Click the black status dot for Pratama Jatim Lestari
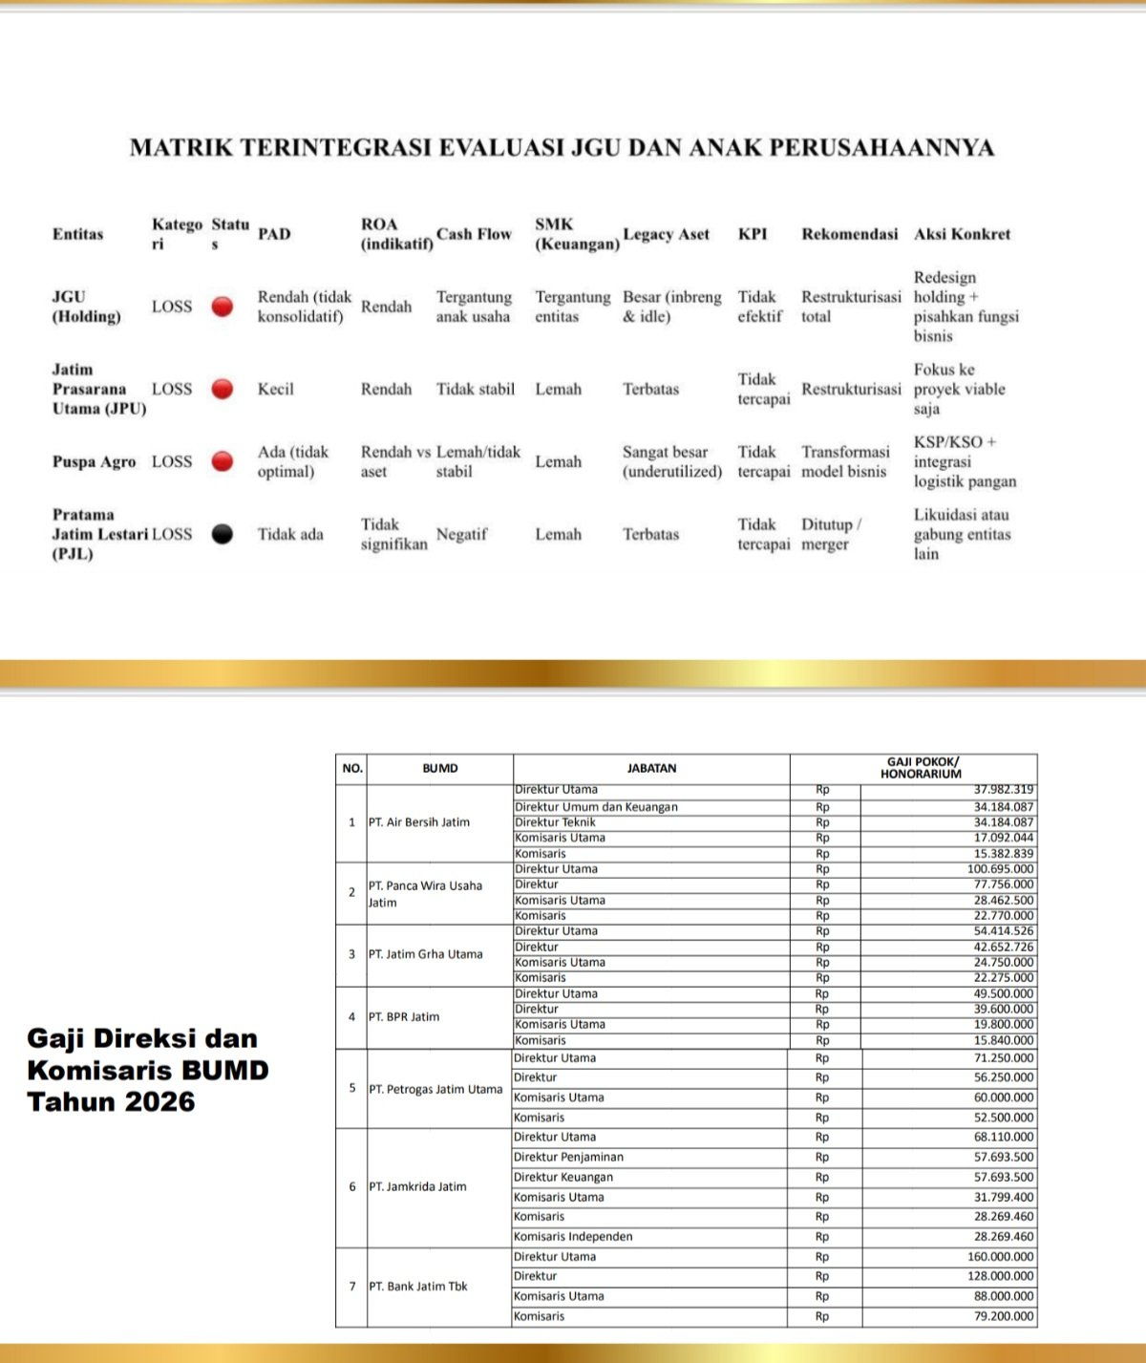pyautogui.click(x=222, y=534)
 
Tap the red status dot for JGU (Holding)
pyautogui.click(x=222, y=307)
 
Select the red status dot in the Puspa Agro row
pyautogui.click(x=222, y=461)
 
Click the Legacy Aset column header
pyautogui.click(x=666, y=234)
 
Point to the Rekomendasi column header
pyautogui.click(x=849, y=234)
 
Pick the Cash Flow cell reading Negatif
pyautogui.click(x=461, y=534)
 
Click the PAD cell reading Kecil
pyautogui.click(x=275, y=389)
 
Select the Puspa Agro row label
pyautogui.click(x=94, y=461)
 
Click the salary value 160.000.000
pyautogui.click(x=1000, y=1257)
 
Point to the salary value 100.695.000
pyautogui.click(x=1000, y=869)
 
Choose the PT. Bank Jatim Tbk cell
pyautogui.click(x=418, y=1287)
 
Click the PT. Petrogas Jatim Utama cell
pyautogui.click(x=435, y=1089)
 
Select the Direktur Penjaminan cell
pyautogui.click(x=568, y=1157)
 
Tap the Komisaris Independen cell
pyautogui.click(x=573, y=1236)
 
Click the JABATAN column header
pyautogui.click(x=651, y=768)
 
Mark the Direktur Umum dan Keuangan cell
pyautogui.click(x=596, y=807)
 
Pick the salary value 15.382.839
pyautogui.click(x=1003, y=854)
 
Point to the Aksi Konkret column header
pyautogui.click(x=962, y=234)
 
